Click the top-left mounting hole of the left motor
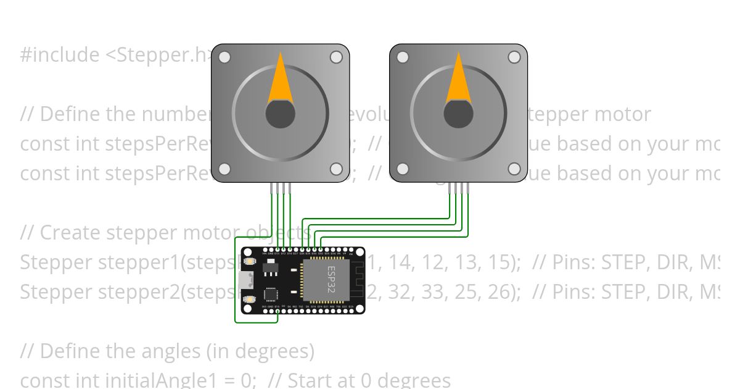coord(224,57)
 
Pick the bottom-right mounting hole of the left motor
coord(336,169)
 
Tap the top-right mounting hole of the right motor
coord(514,57)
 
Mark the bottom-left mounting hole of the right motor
coord(403,169)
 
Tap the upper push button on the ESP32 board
coord(249,261)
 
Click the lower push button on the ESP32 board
coord(249,299)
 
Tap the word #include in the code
coord(59,55)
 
